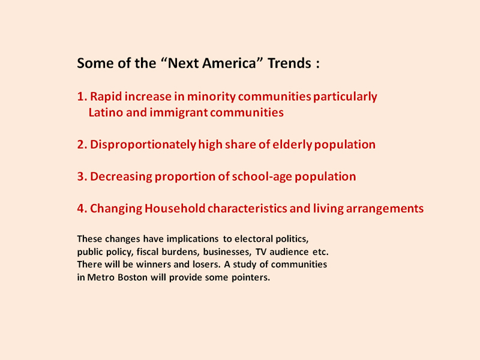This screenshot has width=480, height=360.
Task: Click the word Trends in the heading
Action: [290, 63]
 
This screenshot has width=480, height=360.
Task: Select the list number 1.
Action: [82, 97]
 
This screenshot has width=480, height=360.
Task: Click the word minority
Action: [211, 97]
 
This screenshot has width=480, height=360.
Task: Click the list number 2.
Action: [82, 145]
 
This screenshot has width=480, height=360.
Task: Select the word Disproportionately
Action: [143, 145]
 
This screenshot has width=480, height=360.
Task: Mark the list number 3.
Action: [82, 176]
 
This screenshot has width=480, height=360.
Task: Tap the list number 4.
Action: [82, 208]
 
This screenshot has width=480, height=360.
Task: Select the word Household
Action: [175, 208]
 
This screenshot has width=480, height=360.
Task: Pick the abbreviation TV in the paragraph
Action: [261, 251]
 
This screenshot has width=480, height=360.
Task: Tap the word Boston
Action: [133, 277]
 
